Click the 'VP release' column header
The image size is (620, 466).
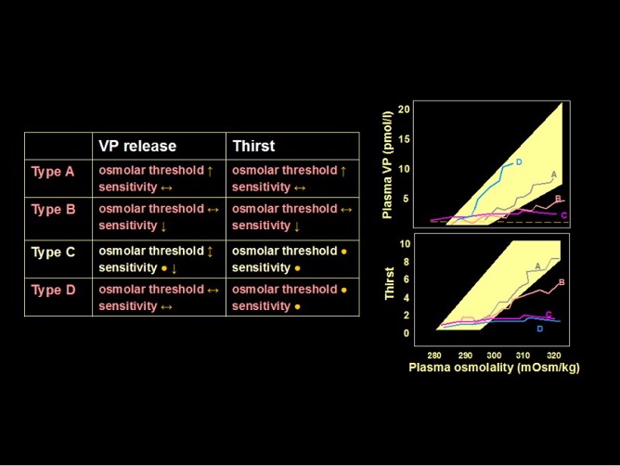tap(137, 146)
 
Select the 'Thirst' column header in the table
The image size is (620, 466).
tap(253, 146)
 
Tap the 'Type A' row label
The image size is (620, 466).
tap(53, 172)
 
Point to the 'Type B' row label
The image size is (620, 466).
tap(53, 210)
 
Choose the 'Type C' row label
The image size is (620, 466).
tap(53, 252)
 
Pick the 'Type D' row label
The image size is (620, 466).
tap(53, 290)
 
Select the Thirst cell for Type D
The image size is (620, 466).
tap(291, 297)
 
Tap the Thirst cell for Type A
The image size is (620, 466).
tap(291, 178)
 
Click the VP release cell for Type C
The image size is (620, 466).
tap(159, 259)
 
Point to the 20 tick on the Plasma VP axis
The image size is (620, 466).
tap(404, 110)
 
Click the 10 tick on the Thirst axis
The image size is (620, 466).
tap(405, 244)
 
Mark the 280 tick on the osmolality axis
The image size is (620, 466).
tap(435, 356)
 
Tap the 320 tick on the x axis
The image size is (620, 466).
tap(554, 356)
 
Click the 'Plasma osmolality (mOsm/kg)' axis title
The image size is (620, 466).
tap(494, 368)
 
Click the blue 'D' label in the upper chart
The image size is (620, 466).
tap(519, 162)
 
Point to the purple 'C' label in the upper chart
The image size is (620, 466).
tap(563, 215)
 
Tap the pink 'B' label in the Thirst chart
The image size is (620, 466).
tap(562, 282)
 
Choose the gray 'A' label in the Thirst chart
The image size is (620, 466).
tap(537, 266)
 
